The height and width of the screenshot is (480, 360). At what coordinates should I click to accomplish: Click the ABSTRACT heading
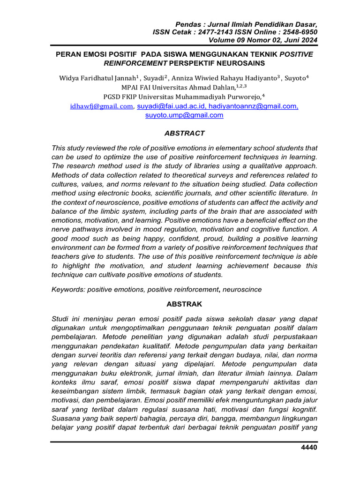coord(184,133)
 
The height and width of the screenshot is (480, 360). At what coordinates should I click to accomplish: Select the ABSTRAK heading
coord(184,304)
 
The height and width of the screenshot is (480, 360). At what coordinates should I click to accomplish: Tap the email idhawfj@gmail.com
coord(101,106)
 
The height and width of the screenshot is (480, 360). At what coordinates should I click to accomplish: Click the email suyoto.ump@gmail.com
coord(184,115)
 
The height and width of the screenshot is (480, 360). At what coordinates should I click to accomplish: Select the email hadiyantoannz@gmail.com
coord(253,106)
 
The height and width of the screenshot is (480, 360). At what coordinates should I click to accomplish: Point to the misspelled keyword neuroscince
coord(243,290)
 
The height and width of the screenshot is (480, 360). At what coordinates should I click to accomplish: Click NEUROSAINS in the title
coord(241,63)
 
